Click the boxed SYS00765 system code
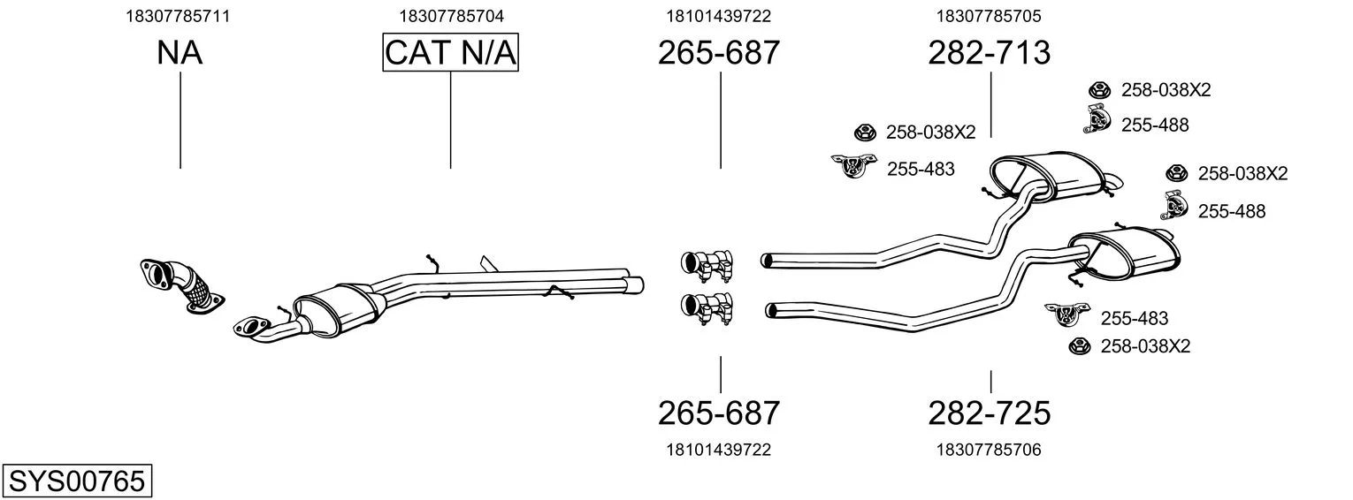pyautogui.click(x=77, y=481)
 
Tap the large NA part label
pyautogui.click(x=180, y=52)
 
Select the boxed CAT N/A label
pyautogui.click(x=451, y=52)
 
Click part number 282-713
pyautogui.click(x=990, y=52)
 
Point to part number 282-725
pyautogui.click(x=990, y=413)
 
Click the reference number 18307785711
pyautogui.click(x=178, y=16)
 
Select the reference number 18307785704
pyautogui.click(x=451, y=16)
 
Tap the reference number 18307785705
pyautogui.click(x=989, y=16)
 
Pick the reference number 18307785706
pyautogui.click(x=989, y=450)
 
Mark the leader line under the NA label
pyautogui.click(x=180, y=120)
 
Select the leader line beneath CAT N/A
pyautogui.click(x=451, y=120)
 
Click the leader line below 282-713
pyautogui.click(x=991, y=105)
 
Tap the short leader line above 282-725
pyautogui.click(x=991, y=382)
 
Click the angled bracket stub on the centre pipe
pyautogui.click(x=488, y=263)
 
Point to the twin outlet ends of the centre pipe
pyautogui.click(x=634, y=284)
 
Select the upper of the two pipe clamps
pyautogui.click(x=707, y=264)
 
